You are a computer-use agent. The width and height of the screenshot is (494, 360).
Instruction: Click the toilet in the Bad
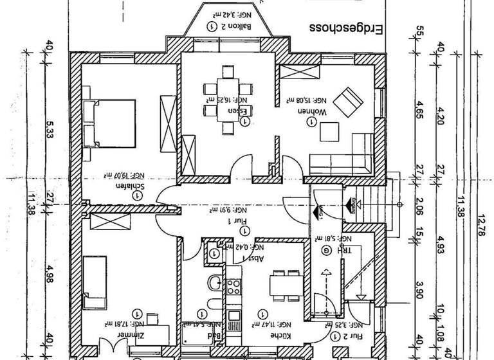214,283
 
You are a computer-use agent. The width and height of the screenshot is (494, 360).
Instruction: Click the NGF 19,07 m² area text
120,174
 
